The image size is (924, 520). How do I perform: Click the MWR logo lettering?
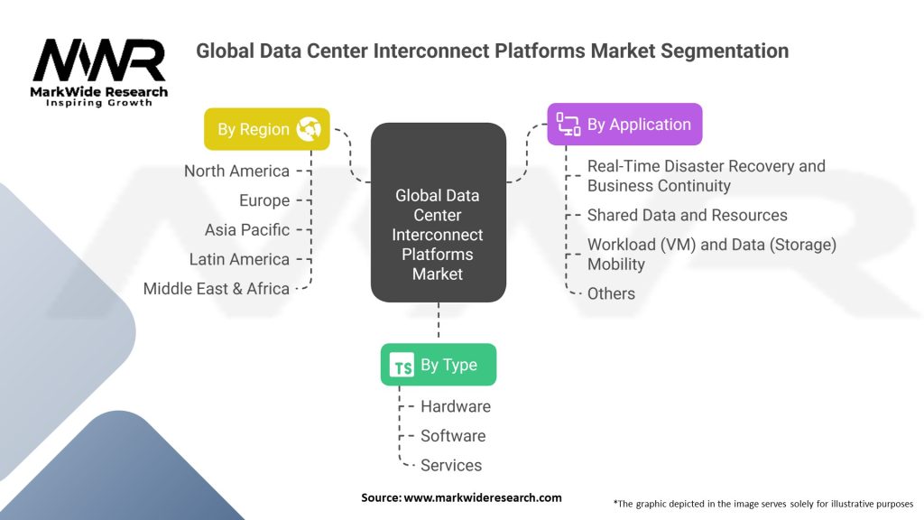pyautogui.click(x=99, y=60)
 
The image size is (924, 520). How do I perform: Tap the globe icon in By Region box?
pyautogui.click(x=309, y=129)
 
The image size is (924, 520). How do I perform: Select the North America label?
pyautogui.click(x=237, y=171)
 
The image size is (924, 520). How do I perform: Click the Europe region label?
pyautogui.click(x=264, y=200)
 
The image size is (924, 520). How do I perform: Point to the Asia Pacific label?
pyautogui.click(x=247, y=230)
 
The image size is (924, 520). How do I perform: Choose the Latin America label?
pyautogui.click(x=239, y=259)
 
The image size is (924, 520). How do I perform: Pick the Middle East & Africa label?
pyautogui.click(x=217, y=289)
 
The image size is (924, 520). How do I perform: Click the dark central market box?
pyautogui.click(x=439, y=212)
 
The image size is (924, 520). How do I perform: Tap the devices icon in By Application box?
pyautogui.click(x=568, y=125)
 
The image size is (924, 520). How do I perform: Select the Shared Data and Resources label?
pyautogui.click(x=687, y=215)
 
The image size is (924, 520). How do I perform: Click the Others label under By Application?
pyautogui.click(x=611, y=293)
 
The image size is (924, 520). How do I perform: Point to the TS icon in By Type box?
pyautogui.click(x=402, y=365)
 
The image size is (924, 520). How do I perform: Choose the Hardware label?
pyautogui.click(x=456, y=406)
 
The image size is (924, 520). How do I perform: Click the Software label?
pyautogui.click(x=453, y=436)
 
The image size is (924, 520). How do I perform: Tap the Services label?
pyautogui.click(x=451, y=465)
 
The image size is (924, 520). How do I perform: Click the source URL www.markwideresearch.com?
pyautogui.click(x=483, y=497)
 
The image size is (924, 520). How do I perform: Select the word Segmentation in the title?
pyautogui.click(x=725, y=51)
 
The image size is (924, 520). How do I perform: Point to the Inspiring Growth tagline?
pyautogui.click(x=99, y=103)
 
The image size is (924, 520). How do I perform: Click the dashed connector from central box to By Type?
pyautogui.click(x=439, y=320)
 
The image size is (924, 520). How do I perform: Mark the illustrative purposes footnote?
pyautogui.click(x=763, y=504)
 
